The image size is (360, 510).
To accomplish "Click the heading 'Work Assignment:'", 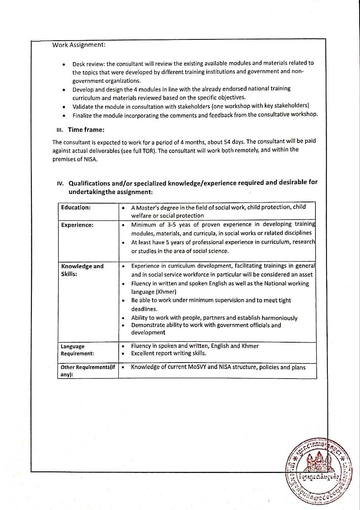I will click(x=79, y=45).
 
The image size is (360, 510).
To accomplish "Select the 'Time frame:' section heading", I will click(x=86, y=129).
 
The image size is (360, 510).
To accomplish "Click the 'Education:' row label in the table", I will click(x=76, y=207).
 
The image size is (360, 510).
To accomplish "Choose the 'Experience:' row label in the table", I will click(x=77, y=225).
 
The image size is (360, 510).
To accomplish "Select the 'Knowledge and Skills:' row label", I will click(x=82, y=270).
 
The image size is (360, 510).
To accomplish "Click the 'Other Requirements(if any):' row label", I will click(x=88, y=371).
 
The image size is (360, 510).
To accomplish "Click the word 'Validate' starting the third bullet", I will click(x=84, y=106).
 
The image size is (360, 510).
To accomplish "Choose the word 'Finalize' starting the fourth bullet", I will click(x=83, y=115).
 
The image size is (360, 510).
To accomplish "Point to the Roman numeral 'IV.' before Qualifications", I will click(x=60, y=184).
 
